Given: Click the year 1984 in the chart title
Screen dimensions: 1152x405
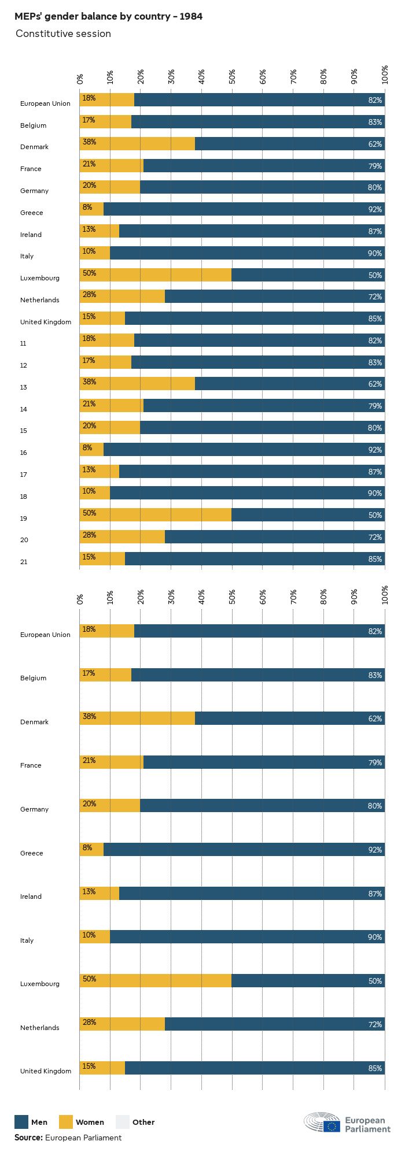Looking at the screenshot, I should click(x=191, y=16).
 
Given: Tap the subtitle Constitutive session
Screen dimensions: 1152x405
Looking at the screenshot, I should click(x=63, y=34).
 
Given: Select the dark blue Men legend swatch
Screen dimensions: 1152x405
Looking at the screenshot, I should click(x=21, y=1122).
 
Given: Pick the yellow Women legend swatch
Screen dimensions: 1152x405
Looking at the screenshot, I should click(x=66, y=1122).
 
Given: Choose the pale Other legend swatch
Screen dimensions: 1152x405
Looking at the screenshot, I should click(x=123, y=1122).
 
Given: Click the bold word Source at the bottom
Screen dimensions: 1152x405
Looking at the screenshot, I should click(x=28, y=1138).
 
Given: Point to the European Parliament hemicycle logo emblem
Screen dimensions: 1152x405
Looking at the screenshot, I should click(x=322, y=1122).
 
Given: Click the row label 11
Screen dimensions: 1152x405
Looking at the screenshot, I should click(x=23, y=343).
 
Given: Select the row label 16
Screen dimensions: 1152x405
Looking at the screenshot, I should click(x=24, y=453).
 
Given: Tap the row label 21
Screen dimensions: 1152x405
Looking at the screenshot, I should click(x=24, y=562).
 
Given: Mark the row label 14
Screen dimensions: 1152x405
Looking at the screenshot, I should click(x=24, y=409).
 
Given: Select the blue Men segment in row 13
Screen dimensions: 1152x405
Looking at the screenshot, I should click(x=289, y=384).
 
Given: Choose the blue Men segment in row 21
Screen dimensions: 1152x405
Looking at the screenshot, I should click(x=255, y=559).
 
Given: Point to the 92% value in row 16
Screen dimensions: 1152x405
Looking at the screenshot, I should click(x=375, y=450).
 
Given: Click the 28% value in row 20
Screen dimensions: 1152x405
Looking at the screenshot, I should click(x=89, y=535).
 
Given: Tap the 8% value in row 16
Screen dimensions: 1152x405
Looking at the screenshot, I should click(x=87, y=447).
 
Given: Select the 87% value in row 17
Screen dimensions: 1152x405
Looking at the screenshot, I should click(x=375, y=472).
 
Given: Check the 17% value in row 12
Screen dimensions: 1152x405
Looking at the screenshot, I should click(x=89, y=361).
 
